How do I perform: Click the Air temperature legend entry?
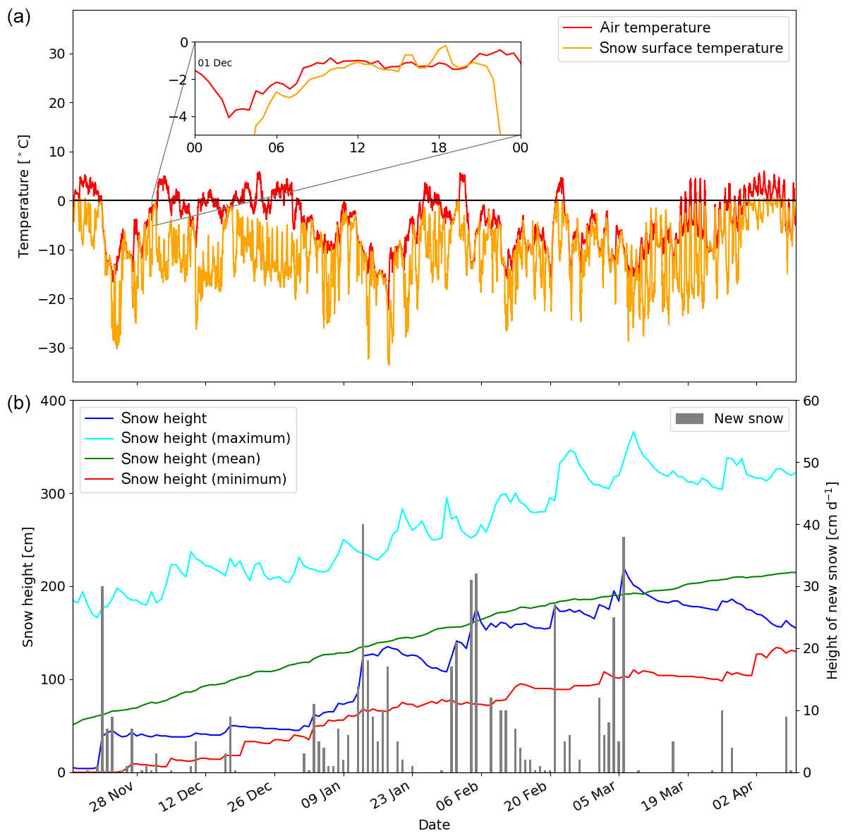(655, 28)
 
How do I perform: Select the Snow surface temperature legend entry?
(691, 49)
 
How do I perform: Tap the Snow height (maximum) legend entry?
(205, 438)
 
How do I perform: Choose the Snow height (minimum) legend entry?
(203, 479)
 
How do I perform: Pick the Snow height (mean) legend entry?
(190, 459)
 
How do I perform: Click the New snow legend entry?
(748, 418)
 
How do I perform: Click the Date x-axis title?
(434, 825)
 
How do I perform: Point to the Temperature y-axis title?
(25, 195)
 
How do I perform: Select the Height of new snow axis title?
(832, 581)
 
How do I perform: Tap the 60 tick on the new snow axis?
(811, 401)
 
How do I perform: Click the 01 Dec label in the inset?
(214, 63)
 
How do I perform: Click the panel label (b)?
(19, 403)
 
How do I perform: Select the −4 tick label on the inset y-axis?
(181, 116)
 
